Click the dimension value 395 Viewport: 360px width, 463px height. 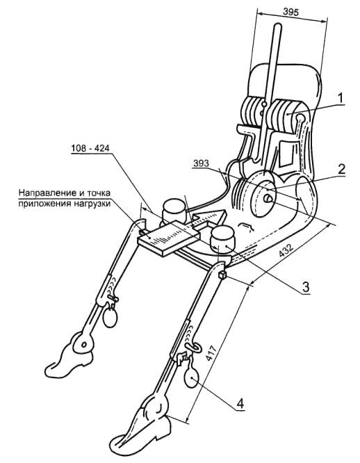tap(291, 12)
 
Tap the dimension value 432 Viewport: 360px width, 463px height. tap(286, 251)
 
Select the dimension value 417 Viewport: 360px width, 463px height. tap(211, 352)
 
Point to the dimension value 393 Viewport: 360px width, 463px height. tap(201, 163)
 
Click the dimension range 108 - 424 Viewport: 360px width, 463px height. tap(90, 148)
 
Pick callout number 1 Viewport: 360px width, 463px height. tap(341, 98)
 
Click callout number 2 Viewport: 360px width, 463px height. tap(341, 170)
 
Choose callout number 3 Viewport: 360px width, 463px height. tap(306, 286)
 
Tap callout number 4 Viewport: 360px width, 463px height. tap(240, 403)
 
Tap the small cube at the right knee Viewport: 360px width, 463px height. tap(222, 275)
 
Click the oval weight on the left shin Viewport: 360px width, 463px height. tap(110, 317)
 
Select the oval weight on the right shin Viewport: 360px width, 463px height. tap(192, 377)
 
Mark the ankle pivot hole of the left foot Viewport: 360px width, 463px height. tap(84, 344)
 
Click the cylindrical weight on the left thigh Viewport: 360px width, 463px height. tap(174, 211)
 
